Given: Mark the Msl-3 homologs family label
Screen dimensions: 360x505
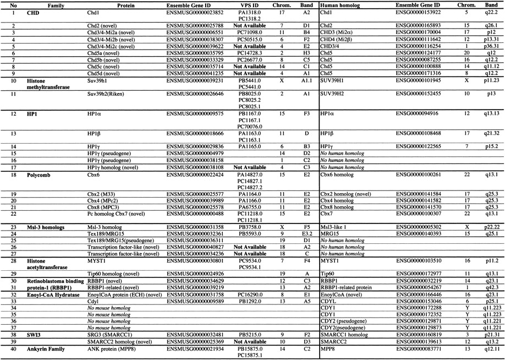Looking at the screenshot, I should coord(45,227).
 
